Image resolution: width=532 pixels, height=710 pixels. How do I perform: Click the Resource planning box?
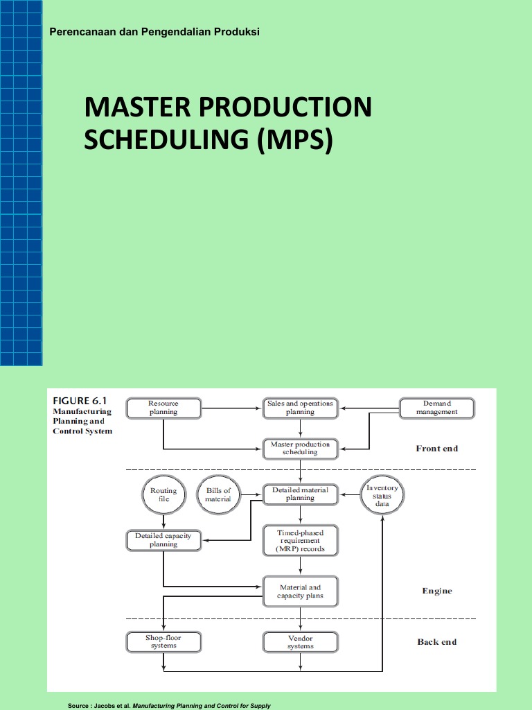click(x=163, y=408)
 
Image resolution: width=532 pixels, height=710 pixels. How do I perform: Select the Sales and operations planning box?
click(x=300, y=408)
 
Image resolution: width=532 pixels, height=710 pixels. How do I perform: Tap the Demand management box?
click(x=436, y=408)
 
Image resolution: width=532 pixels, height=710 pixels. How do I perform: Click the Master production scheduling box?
click(x=300, y=448)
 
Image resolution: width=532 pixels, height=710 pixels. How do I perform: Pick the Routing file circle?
click(x=163, y=494)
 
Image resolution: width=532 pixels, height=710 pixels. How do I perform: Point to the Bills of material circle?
click(x=218, y=494)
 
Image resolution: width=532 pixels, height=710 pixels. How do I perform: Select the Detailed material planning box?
click(x=300, y=494)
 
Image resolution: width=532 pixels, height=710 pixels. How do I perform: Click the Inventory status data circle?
click(x=382, y=496)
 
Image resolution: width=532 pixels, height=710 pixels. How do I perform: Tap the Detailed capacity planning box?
click(x=163, y=539)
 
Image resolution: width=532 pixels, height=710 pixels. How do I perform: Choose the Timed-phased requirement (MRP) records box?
click(x=300, y=541)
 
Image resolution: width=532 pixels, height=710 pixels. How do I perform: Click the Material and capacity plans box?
click(x=300, y=591)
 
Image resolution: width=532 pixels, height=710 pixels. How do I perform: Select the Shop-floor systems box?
click(x=163, y=642)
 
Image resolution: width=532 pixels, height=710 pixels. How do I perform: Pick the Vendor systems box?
click(x=300, y=642)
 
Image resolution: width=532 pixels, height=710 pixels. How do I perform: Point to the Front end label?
click(x=436, y=449)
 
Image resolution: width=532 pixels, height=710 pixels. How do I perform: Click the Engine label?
click(x=436, y=591)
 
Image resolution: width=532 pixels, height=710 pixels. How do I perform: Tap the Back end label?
click(x=436, y=642)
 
